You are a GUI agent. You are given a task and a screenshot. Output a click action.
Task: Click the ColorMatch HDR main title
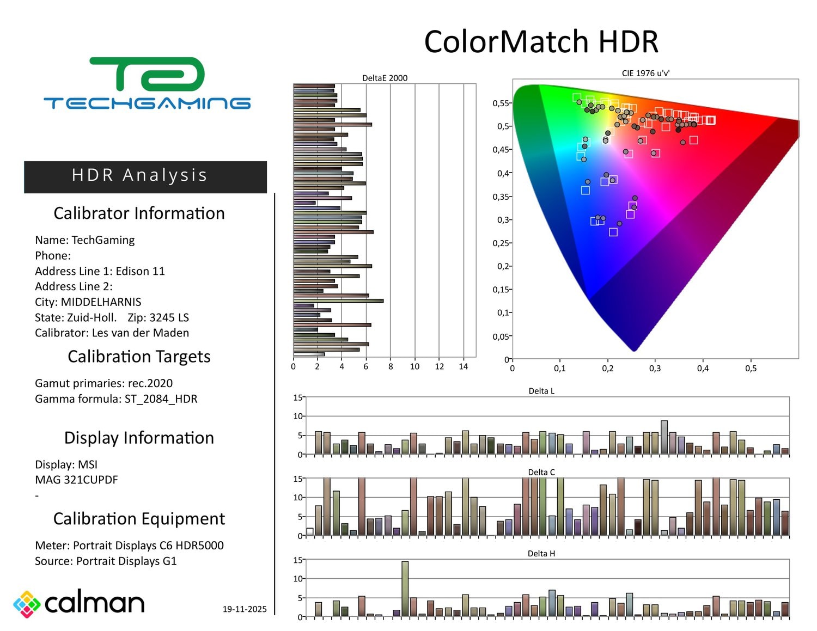coord(541,42)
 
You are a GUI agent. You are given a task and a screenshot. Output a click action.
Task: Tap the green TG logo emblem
coord(147,75)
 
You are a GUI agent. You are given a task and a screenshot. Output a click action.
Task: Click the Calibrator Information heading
coord(139,213)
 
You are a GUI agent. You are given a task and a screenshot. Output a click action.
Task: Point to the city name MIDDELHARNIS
coord(101,302)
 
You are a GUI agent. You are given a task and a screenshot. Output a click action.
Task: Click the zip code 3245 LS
coord(169,318)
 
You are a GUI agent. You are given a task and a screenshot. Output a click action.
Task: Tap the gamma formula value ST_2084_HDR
coord(161,399)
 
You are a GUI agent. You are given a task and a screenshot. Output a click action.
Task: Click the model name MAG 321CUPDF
coord(76,480)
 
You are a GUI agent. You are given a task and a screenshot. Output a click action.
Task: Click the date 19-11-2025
coord(245,609)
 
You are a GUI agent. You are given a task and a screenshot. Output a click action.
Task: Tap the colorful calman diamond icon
coord(27,604)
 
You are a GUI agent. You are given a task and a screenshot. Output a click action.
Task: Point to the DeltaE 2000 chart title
coord(385,78)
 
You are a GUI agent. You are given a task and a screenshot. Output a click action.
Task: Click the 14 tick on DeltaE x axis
coord(464,367)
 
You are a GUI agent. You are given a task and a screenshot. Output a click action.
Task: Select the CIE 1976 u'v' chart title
coord(645,73)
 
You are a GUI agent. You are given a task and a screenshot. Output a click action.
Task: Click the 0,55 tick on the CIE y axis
coord(501,103)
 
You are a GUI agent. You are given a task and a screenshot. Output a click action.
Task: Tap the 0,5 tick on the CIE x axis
coord(751,369)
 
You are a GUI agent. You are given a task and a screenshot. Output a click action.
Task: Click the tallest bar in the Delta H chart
coord(405,589)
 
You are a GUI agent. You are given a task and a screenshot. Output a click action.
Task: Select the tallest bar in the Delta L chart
coord(664,437)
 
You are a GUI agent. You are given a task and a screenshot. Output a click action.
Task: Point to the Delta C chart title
coord(541,472)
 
